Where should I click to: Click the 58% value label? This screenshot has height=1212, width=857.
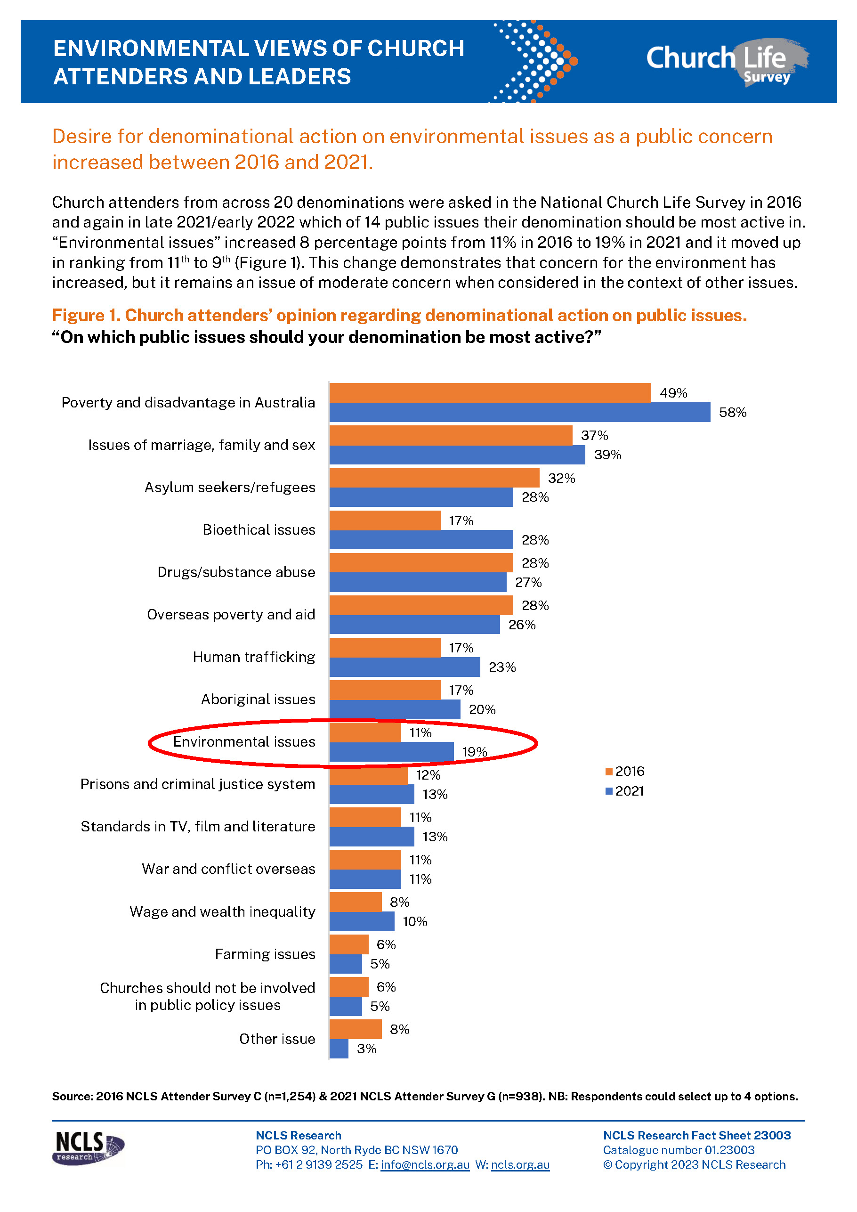[x=733, y=412]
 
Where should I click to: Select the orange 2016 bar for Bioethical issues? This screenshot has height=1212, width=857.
[x=385, y=520]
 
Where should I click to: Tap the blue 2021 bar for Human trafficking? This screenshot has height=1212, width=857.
[x=404, y=667]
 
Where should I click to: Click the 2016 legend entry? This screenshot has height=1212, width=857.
[x=625, y=771]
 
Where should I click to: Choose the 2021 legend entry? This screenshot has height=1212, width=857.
[x=625, y=791]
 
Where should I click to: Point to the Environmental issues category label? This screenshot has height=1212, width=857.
[x=244, y=742]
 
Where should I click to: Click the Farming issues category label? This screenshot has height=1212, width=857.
[x=265, y=954]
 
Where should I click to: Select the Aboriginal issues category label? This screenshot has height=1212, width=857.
[x=258, y=700]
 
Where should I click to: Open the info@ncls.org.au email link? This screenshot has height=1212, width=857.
[x=425, y=1164]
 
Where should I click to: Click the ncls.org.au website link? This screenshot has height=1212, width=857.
[x=520, y=1164]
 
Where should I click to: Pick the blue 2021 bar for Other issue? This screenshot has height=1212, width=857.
[x=339, y=1049]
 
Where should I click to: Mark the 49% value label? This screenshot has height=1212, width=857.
[x=673, y=393]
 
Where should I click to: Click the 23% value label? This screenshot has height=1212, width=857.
[x=502, y=667]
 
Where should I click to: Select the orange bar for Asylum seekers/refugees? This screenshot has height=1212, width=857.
[x=434, y=478]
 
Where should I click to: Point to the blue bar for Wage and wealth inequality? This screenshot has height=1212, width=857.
[x=362, y=921]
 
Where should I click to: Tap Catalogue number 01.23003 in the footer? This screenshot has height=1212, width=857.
[x=678, y=1150]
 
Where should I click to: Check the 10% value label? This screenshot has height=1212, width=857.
[x=415, y=922]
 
